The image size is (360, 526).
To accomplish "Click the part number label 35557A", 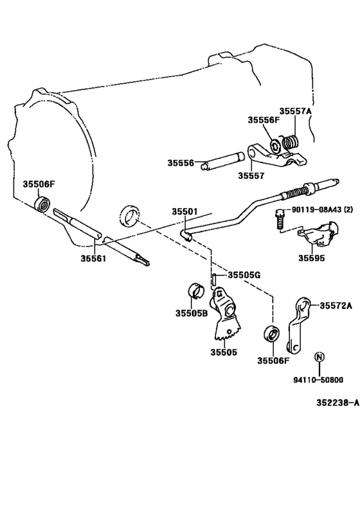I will click(x=295, y=111).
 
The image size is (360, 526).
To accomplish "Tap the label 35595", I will click(x=310, y=258).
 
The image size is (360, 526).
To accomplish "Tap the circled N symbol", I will click(x=319, y=357).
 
